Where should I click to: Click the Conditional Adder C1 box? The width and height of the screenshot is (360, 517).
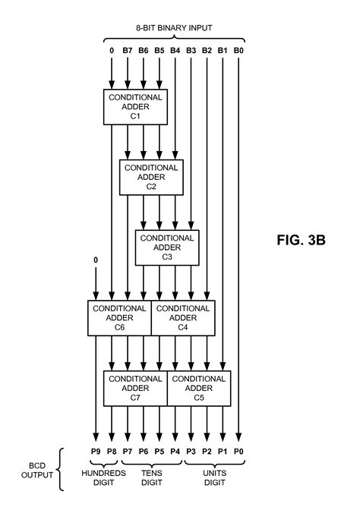point(135,106)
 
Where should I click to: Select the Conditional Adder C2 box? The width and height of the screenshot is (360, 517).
point(151,177)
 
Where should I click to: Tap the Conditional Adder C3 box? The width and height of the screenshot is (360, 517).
point(167,247)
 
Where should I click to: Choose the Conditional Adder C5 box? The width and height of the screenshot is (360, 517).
point(199,388)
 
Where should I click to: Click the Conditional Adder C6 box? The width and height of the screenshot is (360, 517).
point(120,318)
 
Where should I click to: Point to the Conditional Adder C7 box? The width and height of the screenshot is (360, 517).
point(135,388)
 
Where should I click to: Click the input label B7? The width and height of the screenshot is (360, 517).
point(128,52)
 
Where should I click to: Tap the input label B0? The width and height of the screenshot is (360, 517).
point(239,52)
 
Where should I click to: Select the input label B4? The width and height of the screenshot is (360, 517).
point(175,52)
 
